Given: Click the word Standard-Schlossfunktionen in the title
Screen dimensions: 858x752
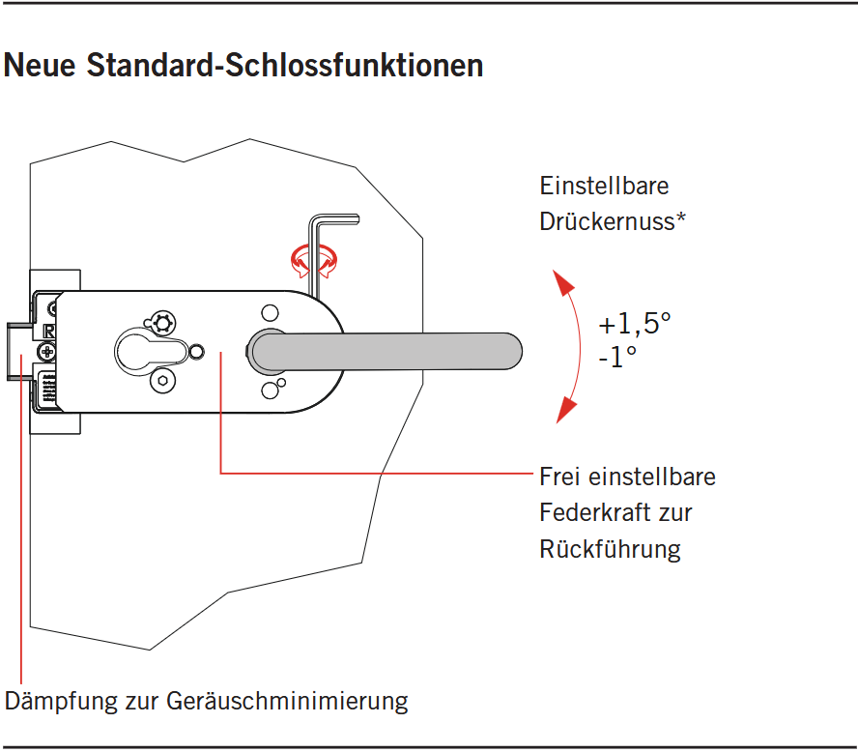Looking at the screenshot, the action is click(x=285, y=65).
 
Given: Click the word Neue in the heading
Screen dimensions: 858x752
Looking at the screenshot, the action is click(x=40, y=65).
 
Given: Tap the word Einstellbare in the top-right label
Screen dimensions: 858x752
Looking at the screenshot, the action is click(x=604, y=187).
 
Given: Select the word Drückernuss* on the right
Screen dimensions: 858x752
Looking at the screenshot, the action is click(x=613, y=221).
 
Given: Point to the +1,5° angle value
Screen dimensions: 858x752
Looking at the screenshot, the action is click(x=635, y=324).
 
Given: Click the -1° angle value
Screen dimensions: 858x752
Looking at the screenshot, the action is click(x=617, y=358).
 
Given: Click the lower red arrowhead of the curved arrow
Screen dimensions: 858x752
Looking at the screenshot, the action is click(x=566, y=411).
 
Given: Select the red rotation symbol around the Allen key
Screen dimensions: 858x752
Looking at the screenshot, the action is click(x=314, y=261).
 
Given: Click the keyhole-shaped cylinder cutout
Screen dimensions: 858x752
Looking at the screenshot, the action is click(x=151, y=352).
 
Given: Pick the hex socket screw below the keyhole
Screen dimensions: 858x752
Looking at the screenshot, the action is click(x=162, y=381).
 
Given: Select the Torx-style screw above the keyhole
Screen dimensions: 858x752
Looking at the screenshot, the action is click(x=162, y=323).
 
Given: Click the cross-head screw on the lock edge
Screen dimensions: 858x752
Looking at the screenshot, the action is click(x=47, y=352).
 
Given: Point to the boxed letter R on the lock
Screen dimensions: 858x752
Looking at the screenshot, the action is click(x=49, y=331).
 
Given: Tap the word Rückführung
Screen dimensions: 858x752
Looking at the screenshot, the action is click(x=610, y=549).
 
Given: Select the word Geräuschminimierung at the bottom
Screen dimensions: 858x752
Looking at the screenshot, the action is click(x=287, y=701).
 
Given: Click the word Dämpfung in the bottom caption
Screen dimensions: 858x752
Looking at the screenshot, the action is click(x=61, y=701).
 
